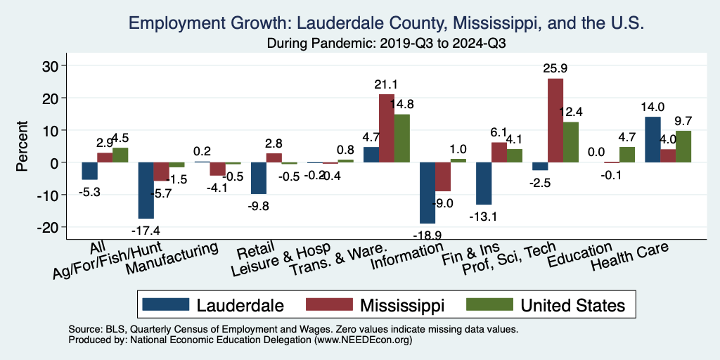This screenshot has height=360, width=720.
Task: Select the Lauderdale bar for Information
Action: click(427, 193)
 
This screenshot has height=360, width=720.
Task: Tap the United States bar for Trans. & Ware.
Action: click(401, 138)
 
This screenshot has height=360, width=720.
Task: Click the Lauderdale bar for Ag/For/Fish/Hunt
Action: click(146, 190)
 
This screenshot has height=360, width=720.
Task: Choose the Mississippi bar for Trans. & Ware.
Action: click(386, 128)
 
